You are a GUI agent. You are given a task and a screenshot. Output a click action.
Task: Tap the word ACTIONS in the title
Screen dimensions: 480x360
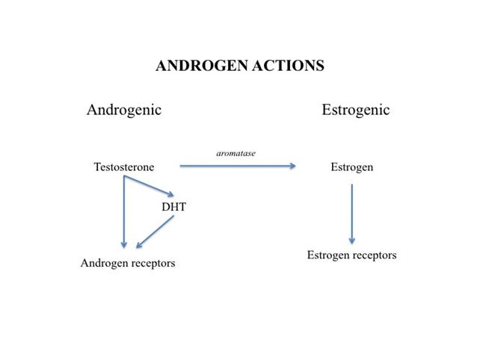point(289,66)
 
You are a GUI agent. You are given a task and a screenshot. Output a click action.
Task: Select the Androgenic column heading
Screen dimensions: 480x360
point(124,111)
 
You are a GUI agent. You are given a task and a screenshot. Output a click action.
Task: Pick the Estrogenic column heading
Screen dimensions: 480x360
point(356,111)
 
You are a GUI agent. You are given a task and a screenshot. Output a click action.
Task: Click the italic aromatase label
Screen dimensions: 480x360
point(236,153)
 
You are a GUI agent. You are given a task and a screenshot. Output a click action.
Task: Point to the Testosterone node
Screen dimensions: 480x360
point(124,167)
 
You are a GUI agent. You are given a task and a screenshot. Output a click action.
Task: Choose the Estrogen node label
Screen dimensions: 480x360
point(352,167)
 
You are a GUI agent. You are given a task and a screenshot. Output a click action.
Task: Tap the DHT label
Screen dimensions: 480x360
point(174,207)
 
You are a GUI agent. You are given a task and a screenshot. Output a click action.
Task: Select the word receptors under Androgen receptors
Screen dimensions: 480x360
point(151,264)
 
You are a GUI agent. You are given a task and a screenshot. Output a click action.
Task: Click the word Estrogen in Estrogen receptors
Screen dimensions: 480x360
point(328,255)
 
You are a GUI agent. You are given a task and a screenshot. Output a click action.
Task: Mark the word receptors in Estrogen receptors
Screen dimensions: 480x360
point(375,255)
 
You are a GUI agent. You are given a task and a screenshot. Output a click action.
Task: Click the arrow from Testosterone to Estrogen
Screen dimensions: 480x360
point(238,166)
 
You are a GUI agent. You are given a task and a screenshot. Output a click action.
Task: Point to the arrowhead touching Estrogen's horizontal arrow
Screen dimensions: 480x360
point(293,166)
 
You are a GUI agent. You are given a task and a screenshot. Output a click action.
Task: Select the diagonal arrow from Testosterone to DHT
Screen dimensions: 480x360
point(149,186)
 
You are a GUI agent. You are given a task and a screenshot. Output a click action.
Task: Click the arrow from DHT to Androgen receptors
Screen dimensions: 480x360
point(156,232)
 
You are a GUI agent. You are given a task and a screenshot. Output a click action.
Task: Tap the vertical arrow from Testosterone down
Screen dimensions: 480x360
point(124,211)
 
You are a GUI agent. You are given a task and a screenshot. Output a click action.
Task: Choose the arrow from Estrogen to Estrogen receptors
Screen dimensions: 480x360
point(352,214)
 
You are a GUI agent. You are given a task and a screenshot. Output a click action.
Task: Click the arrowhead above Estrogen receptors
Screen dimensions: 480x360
point(352,241)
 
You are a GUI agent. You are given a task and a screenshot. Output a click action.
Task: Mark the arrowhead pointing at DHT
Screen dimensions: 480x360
point(170,194)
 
